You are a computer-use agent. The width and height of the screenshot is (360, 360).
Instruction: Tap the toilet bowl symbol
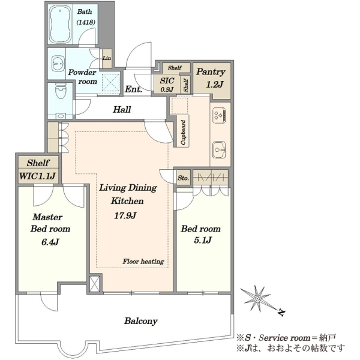click(61, 91)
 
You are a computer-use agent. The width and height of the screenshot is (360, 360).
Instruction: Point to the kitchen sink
click(219, 149)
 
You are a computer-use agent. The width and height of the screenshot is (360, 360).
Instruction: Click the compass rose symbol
click(257, 298)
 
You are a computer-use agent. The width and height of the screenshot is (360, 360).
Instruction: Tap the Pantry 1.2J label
click(211, 78)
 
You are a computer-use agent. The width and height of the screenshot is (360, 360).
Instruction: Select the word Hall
click(122, 110)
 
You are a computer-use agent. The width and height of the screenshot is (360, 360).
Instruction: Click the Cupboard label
click(183, 133)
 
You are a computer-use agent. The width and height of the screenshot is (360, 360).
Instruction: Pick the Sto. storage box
click(183, 178)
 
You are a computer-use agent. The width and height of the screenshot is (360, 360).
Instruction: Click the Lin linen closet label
click(107, 58)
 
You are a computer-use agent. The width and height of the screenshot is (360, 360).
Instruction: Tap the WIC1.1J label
click(37, 176)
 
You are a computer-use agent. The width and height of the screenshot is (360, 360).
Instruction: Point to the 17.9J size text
click(125, 215)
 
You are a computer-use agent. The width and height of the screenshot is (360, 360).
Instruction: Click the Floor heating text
click(143, 261)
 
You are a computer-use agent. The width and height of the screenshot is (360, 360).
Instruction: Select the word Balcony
click(141, 321)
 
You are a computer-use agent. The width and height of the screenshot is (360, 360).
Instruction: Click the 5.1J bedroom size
click(203, 240)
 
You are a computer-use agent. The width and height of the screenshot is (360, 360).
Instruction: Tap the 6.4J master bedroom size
click(50, 242)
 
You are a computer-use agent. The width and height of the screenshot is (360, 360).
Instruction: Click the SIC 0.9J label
click(167, 85)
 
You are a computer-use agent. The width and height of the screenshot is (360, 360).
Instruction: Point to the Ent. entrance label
click(133, 89)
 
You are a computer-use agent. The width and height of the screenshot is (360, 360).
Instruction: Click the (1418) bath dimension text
click(86, 22)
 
